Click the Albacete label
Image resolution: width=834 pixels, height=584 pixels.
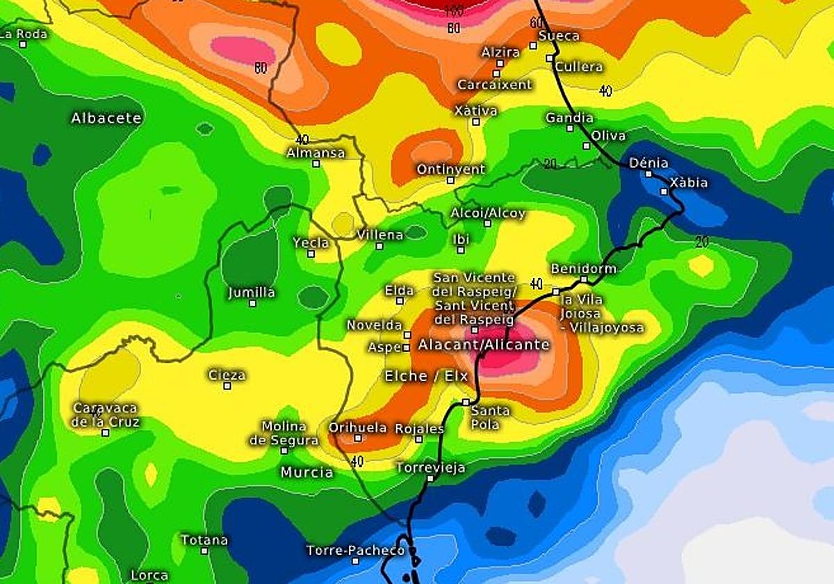(x=106, y=118)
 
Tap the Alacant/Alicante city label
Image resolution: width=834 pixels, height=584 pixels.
(x=484, y=345)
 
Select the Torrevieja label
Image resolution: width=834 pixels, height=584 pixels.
(x=430, y=468)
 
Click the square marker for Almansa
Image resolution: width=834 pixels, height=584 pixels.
(x=316, y=164)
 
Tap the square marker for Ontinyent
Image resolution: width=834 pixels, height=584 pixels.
(x=450, y=180)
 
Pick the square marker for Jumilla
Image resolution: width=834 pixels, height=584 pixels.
(x=252, y=303)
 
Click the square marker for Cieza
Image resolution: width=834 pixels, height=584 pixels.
(x=227, y=386)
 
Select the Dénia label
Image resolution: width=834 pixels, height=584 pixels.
(x=648, y=163)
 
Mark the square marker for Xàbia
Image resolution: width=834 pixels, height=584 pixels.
(x=664, y=192)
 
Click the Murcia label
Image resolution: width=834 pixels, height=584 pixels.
(x=306, y=472)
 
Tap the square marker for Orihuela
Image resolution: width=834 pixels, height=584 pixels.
(x=357, y=438)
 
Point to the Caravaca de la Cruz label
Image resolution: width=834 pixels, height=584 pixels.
(x=106, y=415)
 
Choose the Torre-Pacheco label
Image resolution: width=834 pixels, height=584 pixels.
(x=355, y=551)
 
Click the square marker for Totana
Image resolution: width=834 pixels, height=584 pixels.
(x=204, y=551)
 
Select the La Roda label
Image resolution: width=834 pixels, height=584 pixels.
(x=23, y=33)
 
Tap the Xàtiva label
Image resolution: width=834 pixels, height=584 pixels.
(x=475, y=111)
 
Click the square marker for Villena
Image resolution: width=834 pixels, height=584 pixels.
(x=379, y=246)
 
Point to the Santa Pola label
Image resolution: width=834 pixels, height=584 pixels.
(x=490, y=417)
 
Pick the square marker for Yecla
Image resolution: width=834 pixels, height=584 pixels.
(x=311, y=254)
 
